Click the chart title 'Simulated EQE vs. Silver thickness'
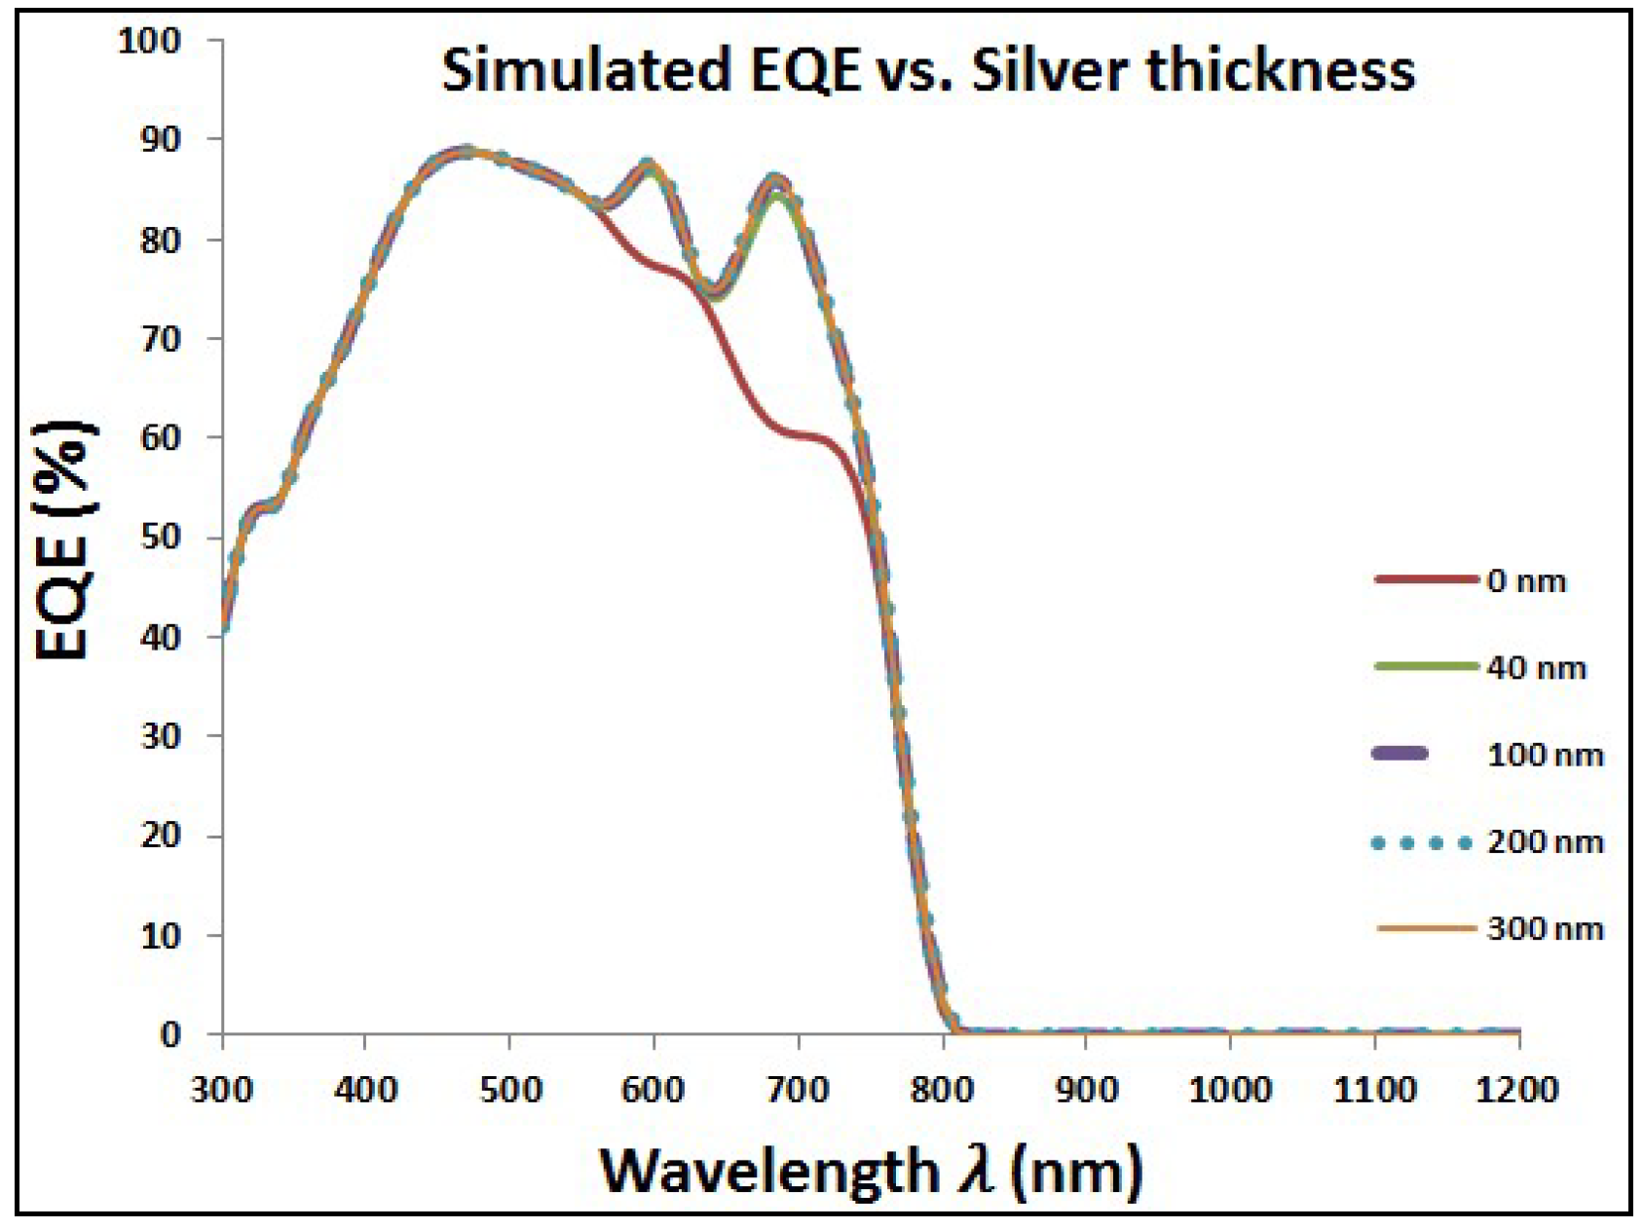[x=927, y=70]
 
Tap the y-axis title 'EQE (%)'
[x=64, y=541]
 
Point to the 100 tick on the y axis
[x=149, y=41]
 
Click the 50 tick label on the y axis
[x=161, y=537]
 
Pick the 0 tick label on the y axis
[x=170, y=1033]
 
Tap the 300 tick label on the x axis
[x=222, y=1089]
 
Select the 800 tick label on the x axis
[x=942, y=1089]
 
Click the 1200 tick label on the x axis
[x=1516, y=1089]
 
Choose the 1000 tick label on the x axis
[x=1229, y=1089]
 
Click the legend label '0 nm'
[x=1526, y=581]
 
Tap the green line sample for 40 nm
[x=1425, y=667]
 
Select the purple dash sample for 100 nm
[x=1400, y=754]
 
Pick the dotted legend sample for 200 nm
[x=1421, y=842]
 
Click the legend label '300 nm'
[x=1545, y=929]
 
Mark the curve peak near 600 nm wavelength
[x=648, y=165]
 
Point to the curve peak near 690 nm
[x=775, y=182]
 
